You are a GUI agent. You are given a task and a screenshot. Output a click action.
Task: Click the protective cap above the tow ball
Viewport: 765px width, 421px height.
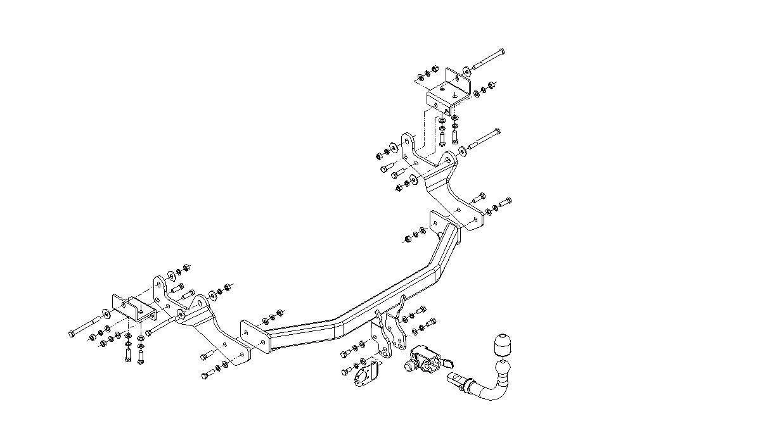(501, 344)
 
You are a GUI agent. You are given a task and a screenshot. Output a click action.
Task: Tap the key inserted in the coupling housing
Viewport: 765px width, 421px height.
(447, 363)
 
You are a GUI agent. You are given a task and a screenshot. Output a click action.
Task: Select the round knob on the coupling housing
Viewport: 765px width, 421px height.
(408, 365)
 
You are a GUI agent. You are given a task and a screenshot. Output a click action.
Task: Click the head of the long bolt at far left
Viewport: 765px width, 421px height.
(70, 333)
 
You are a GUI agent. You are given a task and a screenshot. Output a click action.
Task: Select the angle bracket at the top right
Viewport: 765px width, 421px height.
(448, 92)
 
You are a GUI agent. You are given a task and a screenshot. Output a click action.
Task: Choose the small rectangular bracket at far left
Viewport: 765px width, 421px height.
(133, 308)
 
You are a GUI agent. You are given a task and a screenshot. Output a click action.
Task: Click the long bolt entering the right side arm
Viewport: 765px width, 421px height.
(484, 140)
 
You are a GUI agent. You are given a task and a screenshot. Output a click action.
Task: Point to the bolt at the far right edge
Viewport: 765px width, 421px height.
(505, 203)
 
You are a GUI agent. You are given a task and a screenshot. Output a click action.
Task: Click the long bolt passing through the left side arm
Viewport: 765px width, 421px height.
(162, 325)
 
